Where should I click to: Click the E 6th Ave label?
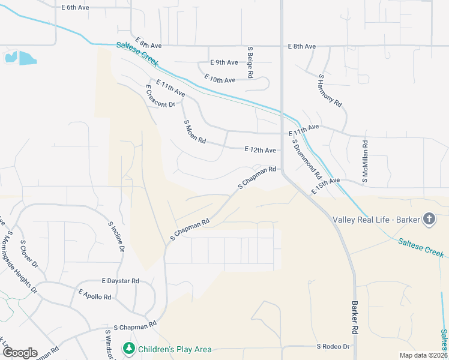[x=75, y=7]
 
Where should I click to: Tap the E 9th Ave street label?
[x=224, y=62]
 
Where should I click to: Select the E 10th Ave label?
[x=220, y=79]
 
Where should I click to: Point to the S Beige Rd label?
[x=250, y=62]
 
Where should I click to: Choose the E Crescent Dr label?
[x=160, y=96]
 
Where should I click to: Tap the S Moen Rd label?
[x=194, y=131]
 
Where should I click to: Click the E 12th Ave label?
[x=261, y=150]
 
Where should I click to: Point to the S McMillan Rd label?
[x=364, y=161]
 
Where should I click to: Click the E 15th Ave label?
[x=326, y=185]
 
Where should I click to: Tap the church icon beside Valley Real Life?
[x=429, y=219]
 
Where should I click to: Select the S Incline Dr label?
[x=116, y=236]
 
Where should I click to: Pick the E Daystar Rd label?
[x=121, y=281]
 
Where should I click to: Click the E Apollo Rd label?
[x=95, y=293]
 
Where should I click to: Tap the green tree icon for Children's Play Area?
[x=128, y=349]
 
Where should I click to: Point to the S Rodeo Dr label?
[x=333, y=347]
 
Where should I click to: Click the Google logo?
[x=19, y=353]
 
